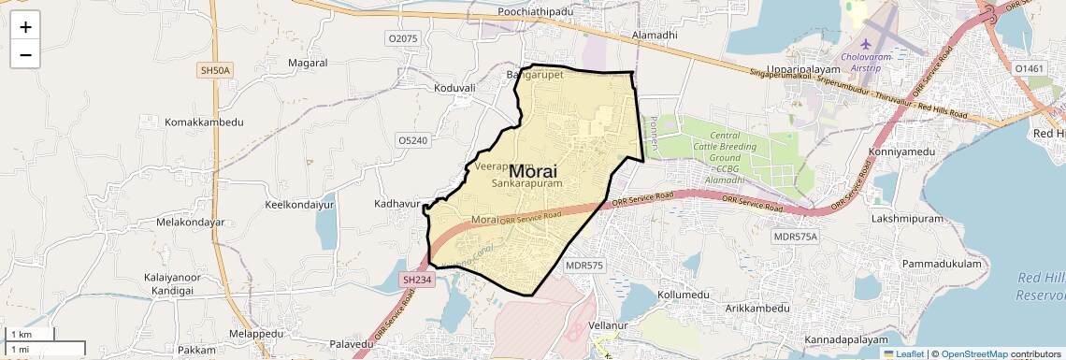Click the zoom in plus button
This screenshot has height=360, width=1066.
click(x=25, y=27)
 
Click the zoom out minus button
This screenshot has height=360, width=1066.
click(x=25, y=55)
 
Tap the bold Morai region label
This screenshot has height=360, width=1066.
click(x=533, y=172)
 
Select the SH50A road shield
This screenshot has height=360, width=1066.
click(x=215, y=70)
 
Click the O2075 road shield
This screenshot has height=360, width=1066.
click(x=402, y=38)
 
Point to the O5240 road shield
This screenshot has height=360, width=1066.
click(x=412, y=140)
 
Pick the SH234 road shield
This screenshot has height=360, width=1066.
click(x=418, y=280)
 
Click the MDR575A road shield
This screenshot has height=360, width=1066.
click(x=795, y=237)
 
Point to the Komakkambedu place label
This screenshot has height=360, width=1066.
click(x=204, y=122)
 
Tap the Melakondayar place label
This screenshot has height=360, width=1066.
click(x=191, y=223)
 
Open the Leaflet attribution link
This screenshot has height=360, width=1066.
click(x=903, y=354)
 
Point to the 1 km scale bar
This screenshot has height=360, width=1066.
click(x=31, y=335)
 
